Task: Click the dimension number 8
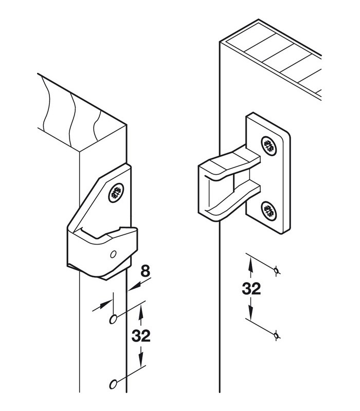click(x=146, y=271)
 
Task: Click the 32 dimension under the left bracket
click(x=141, y=336)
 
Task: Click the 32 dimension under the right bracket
click(x=251, y=289)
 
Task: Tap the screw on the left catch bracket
click(x=116, y=193)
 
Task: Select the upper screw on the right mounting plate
click(x=269, y=146)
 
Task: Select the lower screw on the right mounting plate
click(x=269, y=211)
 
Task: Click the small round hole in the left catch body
click(x=113, y=254)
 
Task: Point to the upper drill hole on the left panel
click(x=113, y=319)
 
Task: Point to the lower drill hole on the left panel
click(x=113, y=384)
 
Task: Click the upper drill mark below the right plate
click(x=276, y=270)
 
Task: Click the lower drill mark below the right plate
click(x=276, y=335)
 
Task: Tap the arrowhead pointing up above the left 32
click(x=141, y=312)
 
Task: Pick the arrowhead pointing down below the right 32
click(x=251, y=313)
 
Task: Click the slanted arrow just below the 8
click(x=140, y=285)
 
